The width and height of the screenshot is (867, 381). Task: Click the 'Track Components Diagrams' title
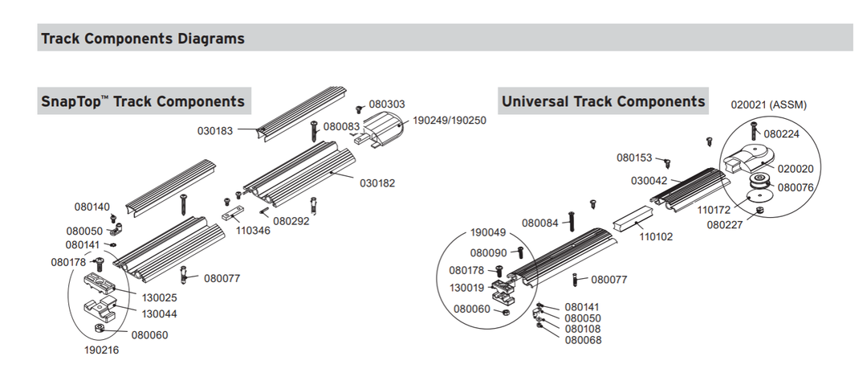coord(143,38)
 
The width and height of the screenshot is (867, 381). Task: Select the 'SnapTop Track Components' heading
coord(143,102)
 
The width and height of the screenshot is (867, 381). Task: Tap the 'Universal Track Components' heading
coord(603,101)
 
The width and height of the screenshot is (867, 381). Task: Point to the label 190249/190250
coord(450,121)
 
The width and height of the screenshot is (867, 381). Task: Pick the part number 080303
coord(387,104)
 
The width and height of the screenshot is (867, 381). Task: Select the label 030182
coord(377,183)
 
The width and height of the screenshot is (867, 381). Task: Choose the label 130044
coord(160,313)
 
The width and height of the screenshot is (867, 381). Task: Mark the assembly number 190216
coord(102,350)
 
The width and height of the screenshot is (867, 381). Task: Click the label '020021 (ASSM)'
coord(768,104)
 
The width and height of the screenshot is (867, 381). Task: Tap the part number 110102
coord(656,237)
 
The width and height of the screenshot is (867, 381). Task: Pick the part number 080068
coord(583,340)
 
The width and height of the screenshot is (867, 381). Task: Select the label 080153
coord(634,158)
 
